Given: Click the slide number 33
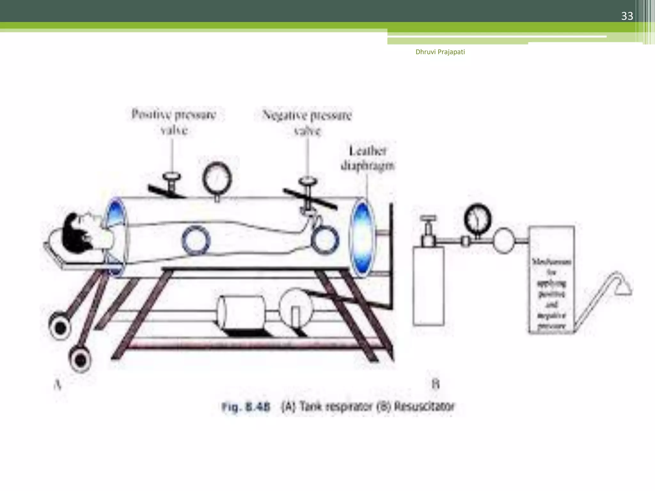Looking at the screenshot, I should [627, 16].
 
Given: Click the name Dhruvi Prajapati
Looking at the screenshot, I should [440, 52].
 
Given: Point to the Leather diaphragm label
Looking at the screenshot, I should [367, 158].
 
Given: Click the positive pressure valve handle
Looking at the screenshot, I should [172, 177].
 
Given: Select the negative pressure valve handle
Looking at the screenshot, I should [308, 182].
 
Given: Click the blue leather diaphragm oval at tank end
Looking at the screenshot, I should [362, 237].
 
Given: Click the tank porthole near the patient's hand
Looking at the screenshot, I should [325, 239].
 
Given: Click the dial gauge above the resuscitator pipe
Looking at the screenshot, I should [477, 220].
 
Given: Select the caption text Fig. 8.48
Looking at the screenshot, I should [246, 407].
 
